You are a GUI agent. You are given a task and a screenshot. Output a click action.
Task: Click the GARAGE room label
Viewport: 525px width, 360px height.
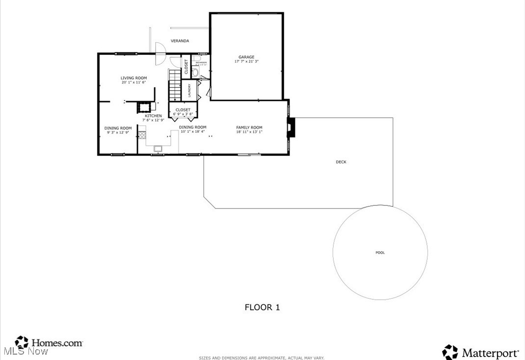click(x=246, y=57)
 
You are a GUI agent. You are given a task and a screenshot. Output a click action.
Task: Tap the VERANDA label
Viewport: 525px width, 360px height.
click(x=180, y=41)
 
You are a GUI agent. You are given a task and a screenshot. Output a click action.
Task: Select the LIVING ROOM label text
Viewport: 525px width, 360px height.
click(x=134, y=78)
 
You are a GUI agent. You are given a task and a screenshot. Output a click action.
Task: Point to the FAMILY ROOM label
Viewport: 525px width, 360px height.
click(x=249, y=128)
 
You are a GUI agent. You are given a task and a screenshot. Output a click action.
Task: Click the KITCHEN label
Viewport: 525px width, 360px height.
click(x=153, y=116)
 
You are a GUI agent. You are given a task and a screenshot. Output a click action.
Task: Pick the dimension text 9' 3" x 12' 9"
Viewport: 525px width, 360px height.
click(x=118, y=132)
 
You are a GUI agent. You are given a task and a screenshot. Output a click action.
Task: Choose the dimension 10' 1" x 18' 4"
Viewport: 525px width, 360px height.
click(x=192, y=131)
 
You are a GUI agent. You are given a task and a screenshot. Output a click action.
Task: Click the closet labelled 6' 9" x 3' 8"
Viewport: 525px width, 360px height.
click(x=183, y=112)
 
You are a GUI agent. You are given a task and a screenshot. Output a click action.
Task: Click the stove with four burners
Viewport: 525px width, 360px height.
click(x=142, y=135)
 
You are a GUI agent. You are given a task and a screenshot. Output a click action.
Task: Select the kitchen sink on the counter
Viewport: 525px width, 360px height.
click(x=158, y=148)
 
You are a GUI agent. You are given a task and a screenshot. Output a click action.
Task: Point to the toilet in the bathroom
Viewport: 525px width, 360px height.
click(x=195, y=73)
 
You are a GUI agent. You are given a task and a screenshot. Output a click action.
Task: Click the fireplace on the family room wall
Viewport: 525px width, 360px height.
click(x=290, y=129)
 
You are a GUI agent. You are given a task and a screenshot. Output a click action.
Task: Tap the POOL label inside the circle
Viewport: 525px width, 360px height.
click(x=380, y=253)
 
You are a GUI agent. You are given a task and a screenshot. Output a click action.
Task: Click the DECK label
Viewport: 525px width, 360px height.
click(x=341, y=162)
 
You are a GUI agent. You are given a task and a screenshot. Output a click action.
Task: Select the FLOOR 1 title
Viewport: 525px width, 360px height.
click(x=262, y=308)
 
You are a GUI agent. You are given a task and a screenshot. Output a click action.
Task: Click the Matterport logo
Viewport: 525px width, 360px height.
click(x=481, y=352)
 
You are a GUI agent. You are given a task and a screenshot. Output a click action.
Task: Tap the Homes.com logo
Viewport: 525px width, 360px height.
click(x=49, y=342)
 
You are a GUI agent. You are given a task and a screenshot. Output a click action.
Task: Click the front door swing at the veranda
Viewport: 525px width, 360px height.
click(x=159, y=53)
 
